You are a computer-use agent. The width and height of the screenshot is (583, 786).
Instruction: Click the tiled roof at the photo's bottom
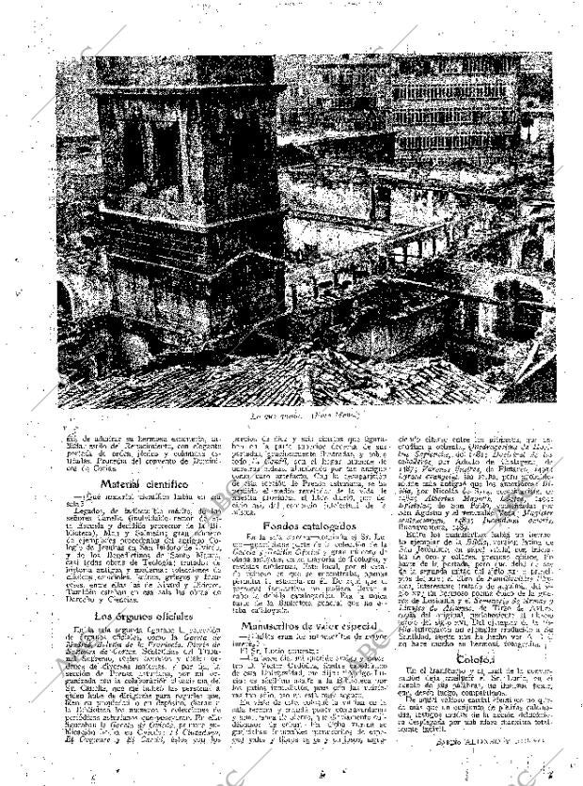coord(235,371)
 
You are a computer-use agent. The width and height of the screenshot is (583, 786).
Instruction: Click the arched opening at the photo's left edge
coord(68,301)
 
